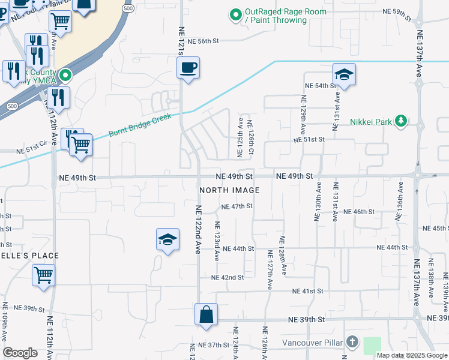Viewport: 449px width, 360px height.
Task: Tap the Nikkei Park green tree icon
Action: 401,122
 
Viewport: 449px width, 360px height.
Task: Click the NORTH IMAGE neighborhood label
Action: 229,190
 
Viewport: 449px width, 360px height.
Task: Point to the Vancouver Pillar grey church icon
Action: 352,343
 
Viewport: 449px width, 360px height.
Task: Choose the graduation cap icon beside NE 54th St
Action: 345,74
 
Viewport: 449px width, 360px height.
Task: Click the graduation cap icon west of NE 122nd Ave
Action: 167,240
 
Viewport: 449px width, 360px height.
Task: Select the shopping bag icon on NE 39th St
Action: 206,314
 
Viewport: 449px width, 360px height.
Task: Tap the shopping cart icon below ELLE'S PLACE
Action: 43,276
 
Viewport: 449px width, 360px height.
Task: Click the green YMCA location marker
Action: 65,76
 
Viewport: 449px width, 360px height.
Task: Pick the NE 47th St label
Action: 237,206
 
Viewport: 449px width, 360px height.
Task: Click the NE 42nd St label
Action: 228,278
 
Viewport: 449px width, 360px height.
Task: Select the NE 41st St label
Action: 308,291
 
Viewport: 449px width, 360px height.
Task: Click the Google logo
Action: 20,353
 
